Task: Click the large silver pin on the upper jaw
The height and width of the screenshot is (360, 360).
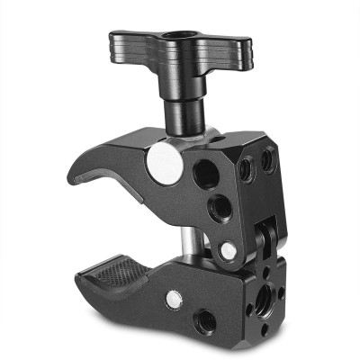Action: coord(163,163)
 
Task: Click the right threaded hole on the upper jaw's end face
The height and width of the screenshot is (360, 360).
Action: coord(266,161)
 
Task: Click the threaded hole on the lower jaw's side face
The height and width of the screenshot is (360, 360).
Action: coord(205,318)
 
